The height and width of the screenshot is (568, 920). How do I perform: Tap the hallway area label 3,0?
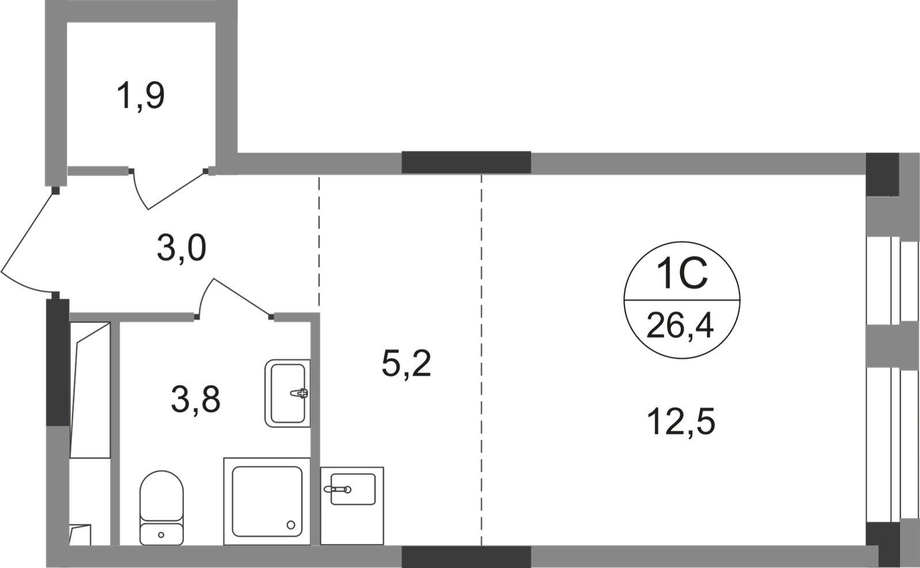[x=182, y=250]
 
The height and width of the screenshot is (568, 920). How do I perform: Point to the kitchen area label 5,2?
[x=407, y=364]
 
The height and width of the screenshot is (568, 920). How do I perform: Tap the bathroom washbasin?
[x=286, y=392]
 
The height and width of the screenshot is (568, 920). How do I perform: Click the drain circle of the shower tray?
[x=292, y=524]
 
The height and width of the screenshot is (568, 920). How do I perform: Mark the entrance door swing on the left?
[x=29, y=242]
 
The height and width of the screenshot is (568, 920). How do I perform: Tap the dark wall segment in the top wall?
[x=466, y=161]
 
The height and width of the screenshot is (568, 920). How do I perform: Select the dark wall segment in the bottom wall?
[x=466, y=556]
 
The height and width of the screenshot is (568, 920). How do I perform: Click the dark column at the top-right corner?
[x=881, y=173]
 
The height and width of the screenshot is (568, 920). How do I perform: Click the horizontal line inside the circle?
[x=681, y=301]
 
